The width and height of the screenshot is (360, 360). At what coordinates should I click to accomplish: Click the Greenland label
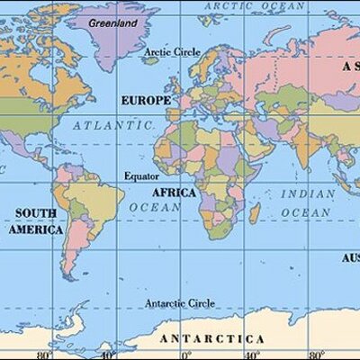[x=113, y=20]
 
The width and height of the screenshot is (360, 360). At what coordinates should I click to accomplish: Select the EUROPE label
[x=144, y=100]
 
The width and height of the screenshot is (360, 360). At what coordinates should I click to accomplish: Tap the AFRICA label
[x=174, y=193]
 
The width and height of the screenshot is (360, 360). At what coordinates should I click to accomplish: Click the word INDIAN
[x=307, y=193]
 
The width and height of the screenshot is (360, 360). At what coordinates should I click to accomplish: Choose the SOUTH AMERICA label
[x=36, y=221]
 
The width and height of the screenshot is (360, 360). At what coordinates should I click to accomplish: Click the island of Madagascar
[x=255, y=213]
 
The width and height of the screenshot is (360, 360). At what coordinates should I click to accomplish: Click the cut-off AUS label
[x=350, y=258]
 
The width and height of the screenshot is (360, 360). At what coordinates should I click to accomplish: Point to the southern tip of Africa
[x=213, y=238]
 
